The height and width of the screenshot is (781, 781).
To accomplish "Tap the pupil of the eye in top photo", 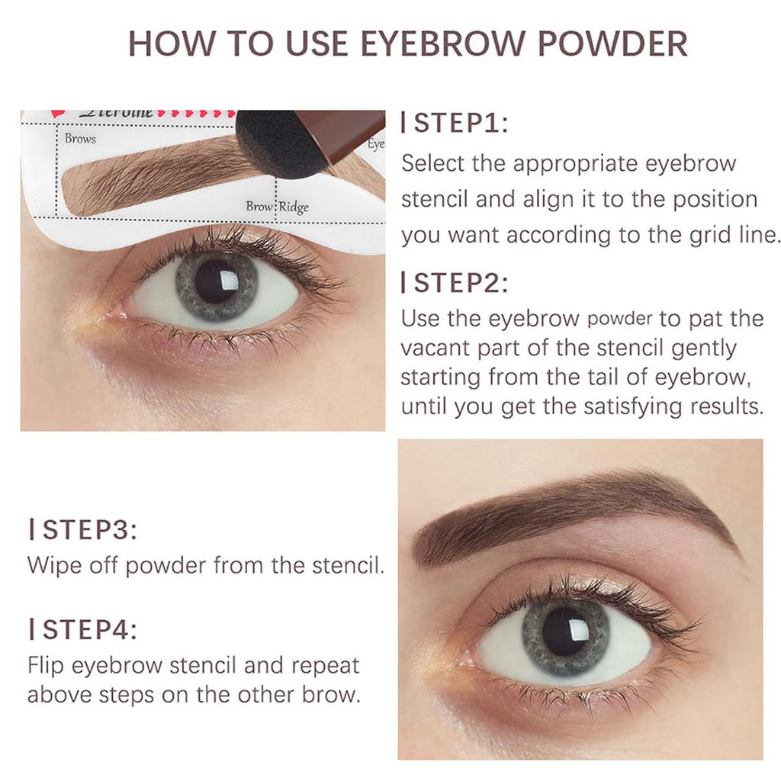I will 214,281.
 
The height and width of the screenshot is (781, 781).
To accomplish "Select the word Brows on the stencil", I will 80,139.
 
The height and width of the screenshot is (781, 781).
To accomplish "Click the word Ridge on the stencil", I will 294,207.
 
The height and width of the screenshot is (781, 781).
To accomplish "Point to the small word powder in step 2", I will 620,319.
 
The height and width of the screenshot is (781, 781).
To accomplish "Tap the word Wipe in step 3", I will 52,566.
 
